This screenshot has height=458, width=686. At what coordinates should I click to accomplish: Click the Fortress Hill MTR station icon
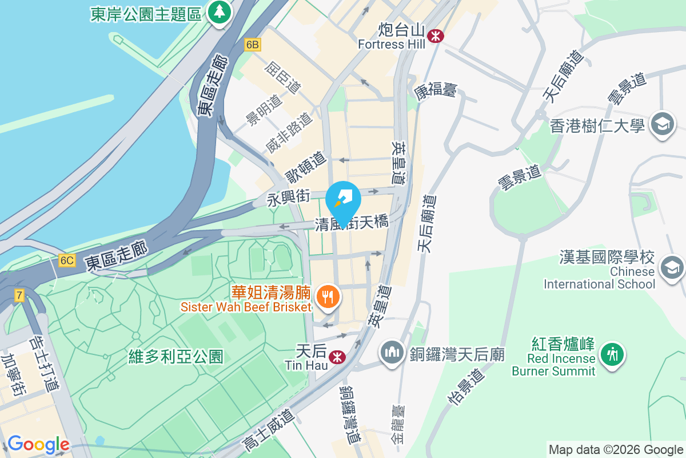pos(436,35)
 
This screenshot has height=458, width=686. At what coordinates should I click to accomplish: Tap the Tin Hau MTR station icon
pos(337,357)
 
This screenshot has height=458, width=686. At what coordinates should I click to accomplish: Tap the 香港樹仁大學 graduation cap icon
pos(663,124)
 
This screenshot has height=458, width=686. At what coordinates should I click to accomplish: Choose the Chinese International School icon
pos(672,266)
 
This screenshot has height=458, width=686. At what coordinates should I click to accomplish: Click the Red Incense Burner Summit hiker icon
pos(612,354)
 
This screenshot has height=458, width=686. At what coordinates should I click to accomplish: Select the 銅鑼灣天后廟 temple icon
pos(392,352)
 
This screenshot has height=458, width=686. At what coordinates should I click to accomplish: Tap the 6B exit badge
pos(252,44)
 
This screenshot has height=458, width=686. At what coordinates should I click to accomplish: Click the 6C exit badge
pos(67,260)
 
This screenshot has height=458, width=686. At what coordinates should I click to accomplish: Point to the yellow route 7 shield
pos(20,295)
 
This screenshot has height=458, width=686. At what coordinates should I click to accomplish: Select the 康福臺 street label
pos(436,90)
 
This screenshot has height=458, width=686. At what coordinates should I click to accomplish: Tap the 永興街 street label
pos(289,198)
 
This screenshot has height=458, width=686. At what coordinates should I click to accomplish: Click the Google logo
pos(38,444)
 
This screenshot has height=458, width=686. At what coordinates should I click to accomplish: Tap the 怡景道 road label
pos(466,386)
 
